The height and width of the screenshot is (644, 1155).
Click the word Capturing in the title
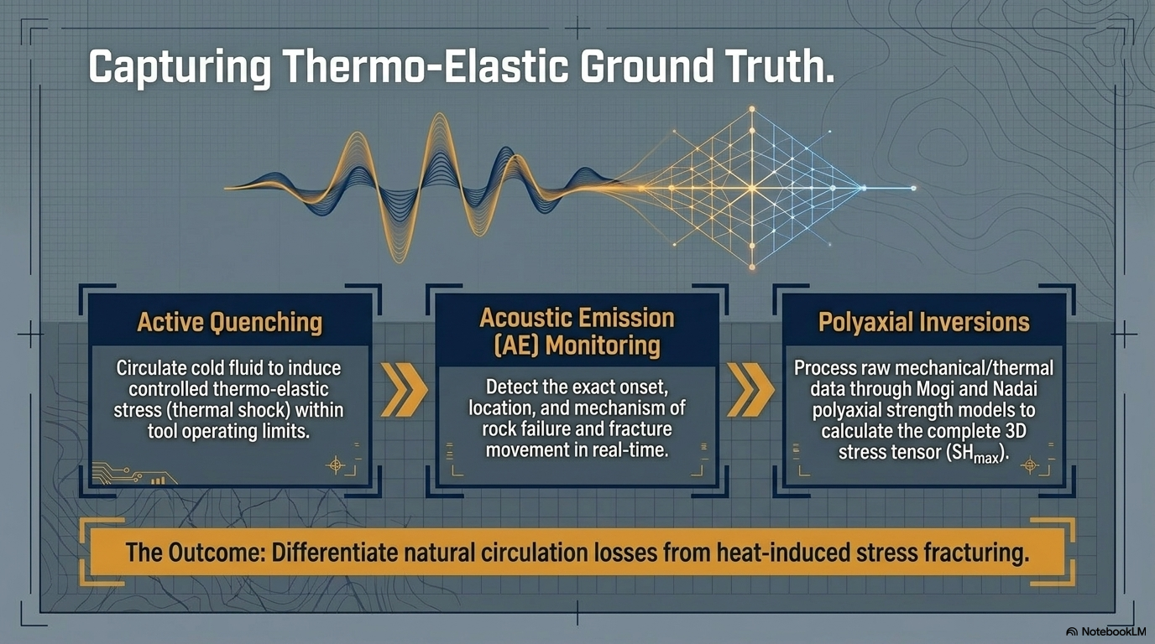tap(180, 67)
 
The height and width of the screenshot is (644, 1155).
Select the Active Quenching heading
tap(230, 323)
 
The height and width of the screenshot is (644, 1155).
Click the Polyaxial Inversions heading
tap(924, 322)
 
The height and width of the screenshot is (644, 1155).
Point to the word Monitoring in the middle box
tap(603, 345)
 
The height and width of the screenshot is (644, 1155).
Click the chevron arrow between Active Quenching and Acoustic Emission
tap(404, 389)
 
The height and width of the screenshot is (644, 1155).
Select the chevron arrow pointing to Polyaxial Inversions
tap(750, 389)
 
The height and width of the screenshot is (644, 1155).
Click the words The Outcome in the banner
tap(195, 553)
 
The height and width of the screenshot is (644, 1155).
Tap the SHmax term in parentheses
tap(976, 454)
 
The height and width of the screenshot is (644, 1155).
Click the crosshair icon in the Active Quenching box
tap(336, 465)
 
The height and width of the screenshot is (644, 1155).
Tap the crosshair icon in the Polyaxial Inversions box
tap(1030, 465)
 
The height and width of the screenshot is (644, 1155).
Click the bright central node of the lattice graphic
tap(752, 189)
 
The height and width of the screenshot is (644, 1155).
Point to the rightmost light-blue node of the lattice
tap(913, 189)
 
